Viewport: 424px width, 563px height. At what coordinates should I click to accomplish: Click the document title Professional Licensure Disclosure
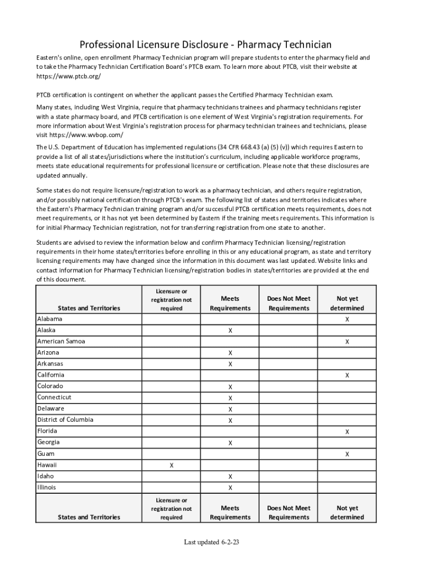pyautogui.click(x=205, y=44)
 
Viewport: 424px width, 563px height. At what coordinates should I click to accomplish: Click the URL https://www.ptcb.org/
pyautogui.click(x=69, y=76)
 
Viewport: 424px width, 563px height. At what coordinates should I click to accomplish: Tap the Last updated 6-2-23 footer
pyautogui.click(x=211, y=543)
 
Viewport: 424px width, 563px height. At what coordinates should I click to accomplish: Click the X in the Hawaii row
pyautogui.click(x=171, y=465)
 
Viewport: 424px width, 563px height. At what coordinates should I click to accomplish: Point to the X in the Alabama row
pyautogui.click(x=347, y=319)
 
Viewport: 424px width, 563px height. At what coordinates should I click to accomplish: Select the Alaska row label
pyautogui.click(x=46, y=330)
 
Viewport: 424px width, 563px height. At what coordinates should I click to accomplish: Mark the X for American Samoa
pyautogui.click(x=347, y=341)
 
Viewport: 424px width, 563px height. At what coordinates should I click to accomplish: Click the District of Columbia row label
pyautogui.click(x=65, y=420)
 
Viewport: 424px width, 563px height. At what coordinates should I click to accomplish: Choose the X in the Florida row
pyautogui.click(x=347, y=432)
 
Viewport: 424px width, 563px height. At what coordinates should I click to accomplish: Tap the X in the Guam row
pyautogui.click(x=347, y=454)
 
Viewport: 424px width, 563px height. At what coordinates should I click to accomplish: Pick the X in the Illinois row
pyautogui.click(x=230, y=488)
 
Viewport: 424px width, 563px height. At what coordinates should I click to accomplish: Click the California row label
pyautogui.click(x=51, y=375)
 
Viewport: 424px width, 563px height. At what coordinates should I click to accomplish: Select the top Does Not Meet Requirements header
pyautogui.click(x=289, y=303)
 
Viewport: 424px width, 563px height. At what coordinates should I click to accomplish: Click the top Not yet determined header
pyautogui.click(x=347, y=303)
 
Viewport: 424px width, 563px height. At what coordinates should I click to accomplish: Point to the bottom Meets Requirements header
pyautogui.click(x=230, y=512)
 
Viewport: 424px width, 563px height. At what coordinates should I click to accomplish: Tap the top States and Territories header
pyautogui.click(x=89, y=308)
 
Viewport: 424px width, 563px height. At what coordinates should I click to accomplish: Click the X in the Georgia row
pyautogui.click(x=230, y=443)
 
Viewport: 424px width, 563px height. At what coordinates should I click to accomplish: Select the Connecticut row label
pyautogui.click(x=54, y=397)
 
